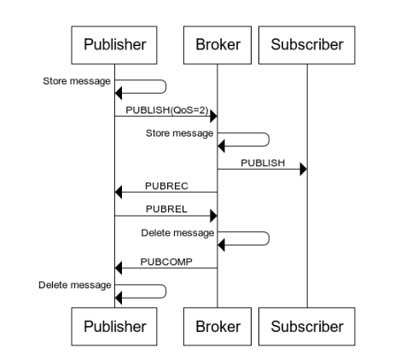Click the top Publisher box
point(114,45)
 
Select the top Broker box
point(217,45)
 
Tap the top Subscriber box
point(307,45)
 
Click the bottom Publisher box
point(114,327)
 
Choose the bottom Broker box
point(217,327)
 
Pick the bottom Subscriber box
point(307,327)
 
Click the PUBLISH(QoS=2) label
point(167,110)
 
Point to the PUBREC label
point(166,186)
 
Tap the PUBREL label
point(166,209)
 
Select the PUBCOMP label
point(166,262)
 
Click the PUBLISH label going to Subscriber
point(263,163)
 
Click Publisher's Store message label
point(77,81)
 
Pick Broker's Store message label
point(179,133)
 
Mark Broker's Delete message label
point(177,233)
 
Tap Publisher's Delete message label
point(75,285)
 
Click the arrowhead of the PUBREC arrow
point(119,192)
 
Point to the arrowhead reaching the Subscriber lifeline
point(304,170)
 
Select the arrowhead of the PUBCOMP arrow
point(119,268)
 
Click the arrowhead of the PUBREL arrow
point(213,216)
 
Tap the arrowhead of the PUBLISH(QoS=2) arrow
point(213,116)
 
